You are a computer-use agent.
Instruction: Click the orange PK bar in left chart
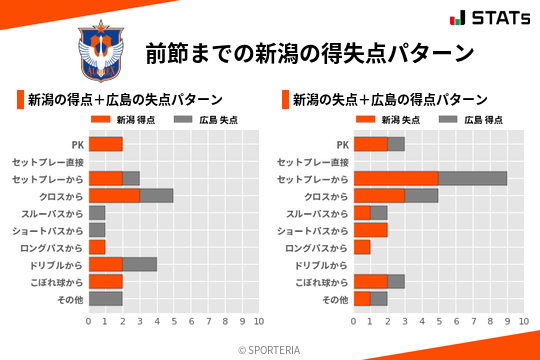pos(105,144)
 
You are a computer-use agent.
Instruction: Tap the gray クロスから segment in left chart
pos(156,196)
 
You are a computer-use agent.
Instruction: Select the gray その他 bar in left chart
pos(105,298)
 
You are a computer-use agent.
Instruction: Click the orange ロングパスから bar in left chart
pos(97,247)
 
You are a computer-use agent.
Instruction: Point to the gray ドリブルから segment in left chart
pos(139,264)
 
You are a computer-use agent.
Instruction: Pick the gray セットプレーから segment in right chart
pos(472,179)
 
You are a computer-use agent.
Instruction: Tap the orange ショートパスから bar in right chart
pos(370,230)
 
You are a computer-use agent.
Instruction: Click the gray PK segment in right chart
pos(395,144)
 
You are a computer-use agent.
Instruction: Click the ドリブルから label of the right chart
pos(320,264)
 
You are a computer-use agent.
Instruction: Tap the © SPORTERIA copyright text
pos(269,349)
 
